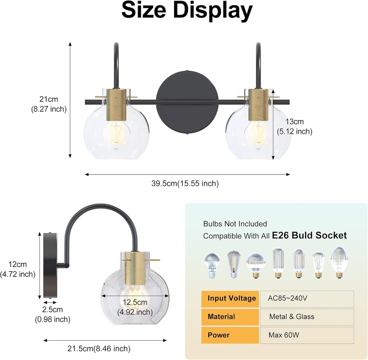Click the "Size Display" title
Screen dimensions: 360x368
187,11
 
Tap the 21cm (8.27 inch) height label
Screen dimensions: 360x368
49,104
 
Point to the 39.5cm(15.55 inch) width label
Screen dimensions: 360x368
185,184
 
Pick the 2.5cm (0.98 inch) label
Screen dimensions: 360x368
52,314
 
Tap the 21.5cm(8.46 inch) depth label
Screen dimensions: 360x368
99,348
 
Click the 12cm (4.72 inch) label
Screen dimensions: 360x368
18,269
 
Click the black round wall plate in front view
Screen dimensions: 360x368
187,102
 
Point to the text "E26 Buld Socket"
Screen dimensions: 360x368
309,235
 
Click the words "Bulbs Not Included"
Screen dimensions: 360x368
235,224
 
